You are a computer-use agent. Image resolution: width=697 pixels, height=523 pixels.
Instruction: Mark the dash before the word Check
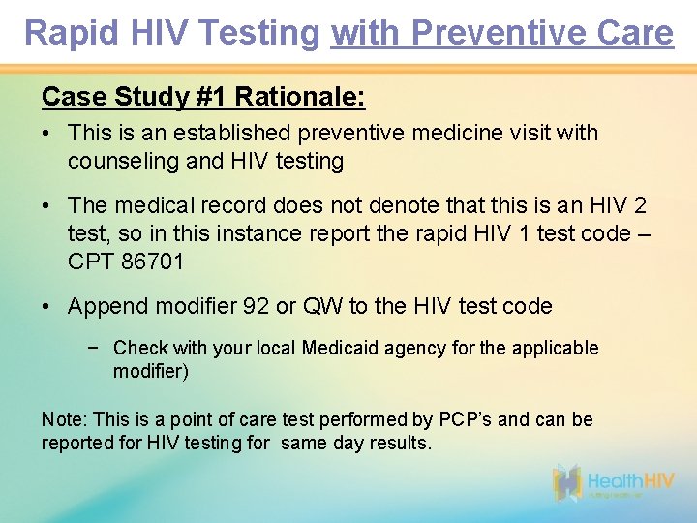pyautogui.click(x=93, y=348)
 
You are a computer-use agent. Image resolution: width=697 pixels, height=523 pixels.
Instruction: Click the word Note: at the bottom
pyautogui.click(x=65, y=419)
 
